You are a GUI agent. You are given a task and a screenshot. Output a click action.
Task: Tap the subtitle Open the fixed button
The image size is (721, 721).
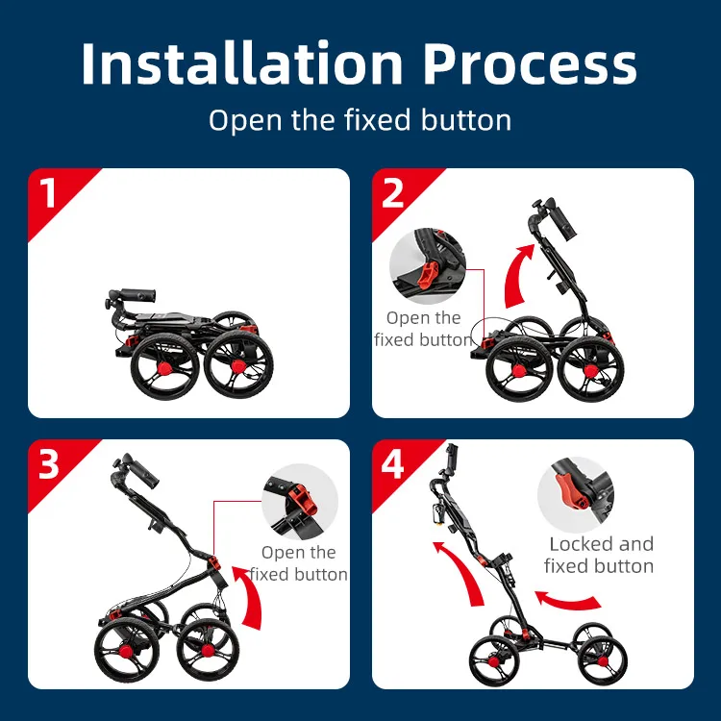click(360, 120)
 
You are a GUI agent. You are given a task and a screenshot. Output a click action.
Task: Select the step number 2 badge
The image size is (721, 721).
click(394, 192)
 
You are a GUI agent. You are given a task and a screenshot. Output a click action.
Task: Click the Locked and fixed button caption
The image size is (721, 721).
click(599, 556)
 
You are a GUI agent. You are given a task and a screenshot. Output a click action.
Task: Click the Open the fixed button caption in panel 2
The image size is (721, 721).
click(423, 329)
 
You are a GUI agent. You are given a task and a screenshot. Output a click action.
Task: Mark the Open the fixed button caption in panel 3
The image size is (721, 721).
click(299, 563)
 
